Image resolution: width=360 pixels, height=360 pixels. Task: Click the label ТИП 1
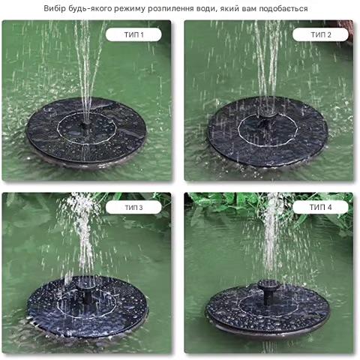tap(133, 34)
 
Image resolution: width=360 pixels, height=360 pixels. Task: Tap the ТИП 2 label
tap(321, 34)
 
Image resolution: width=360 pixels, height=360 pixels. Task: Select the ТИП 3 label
tap(133, 208)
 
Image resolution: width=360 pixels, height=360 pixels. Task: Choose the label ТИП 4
tap(321, 207)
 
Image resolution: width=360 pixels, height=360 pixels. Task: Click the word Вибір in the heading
tap(55, 8)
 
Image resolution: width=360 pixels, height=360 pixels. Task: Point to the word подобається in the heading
tap(283, 9)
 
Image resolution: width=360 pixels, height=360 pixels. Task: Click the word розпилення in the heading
tap(171, 9)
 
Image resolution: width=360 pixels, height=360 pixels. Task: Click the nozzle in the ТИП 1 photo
tap(85, 124)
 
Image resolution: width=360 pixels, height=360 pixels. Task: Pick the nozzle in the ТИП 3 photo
tap(86, 292)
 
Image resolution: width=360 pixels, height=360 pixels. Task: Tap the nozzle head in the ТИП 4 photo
tap(268, 285)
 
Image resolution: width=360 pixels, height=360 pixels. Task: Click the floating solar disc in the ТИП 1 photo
tap(86, 132)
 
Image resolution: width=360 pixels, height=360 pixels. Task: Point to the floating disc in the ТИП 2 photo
tap(268, 131)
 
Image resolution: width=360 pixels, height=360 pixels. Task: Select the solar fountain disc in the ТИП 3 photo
tap(87, 307)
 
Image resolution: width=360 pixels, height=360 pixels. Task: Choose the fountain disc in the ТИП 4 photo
tap(268, 310)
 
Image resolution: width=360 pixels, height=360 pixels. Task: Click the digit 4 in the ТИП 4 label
tap(329, 207)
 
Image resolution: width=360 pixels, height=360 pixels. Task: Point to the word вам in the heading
tap(249, 9)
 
